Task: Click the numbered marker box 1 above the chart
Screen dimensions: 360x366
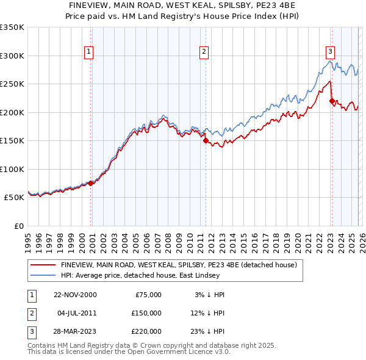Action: pos(89,52)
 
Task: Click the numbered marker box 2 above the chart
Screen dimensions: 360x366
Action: pos(203,52)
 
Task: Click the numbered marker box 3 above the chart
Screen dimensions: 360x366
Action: pos(330,52)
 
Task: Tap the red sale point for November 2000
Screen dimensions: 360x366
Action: pos(91,183)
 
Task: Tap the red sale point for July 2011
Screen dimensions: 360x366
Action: pos(206,140)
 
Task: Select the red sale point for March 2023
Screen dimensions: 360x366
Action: pos(332,101)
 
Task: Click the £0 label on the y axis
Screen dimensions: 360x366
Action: pos(19,226)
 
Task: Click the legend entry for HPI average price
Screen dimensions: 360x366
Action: pos(131,275)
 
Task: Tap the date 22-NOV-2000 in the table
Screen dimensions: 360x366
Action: pos(74,295)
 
